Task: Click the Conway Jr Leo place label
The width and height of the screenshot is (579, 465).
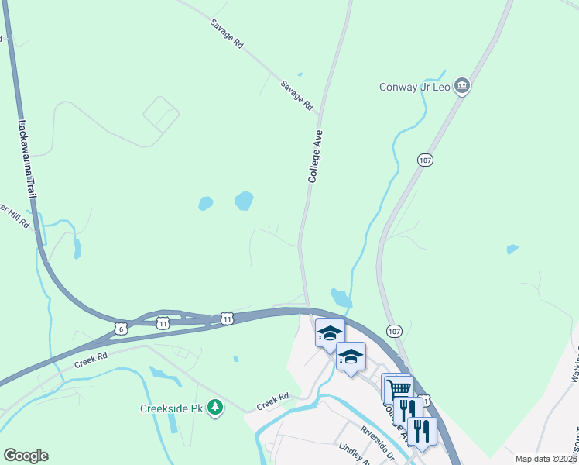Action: tap(414, 87)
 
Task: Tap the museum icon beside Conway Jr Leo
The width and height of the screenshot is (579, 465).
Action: tap(462, 86)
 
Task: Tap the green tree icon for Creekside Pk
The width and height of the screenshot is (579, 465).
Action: tap(218, 407)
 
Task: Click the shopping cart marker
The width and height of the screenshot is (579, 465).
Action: tap(398, 387)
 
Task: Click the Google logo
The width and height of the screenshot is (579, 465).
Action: tap(26, 456)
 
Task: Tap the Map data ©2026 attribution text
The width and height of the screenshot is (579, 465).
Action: tap(546, 459)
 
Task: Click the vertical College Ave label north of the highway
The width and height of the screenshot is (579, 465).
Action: tap(315, 156)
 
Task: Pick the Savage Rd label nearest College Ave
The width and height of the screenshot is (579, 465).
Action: tap(297, 95)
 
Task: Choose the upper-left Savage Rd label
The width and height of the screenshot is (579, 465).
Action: tap(227, 35)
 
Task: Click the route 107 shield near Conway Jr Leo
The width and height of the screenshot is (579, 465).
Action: tap(425, 160)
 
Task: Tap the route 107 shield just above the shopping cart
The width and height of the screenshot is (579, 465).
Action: tap(394, 331)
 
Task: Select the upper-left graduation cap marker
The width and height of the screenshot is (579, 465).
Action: tap(330, 333)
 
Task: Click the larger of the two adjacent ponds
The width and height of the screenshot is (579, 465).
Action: tap(243, 201)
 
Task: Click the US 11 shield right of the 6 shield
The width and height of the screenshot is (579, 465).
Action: tap(163, 322)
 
